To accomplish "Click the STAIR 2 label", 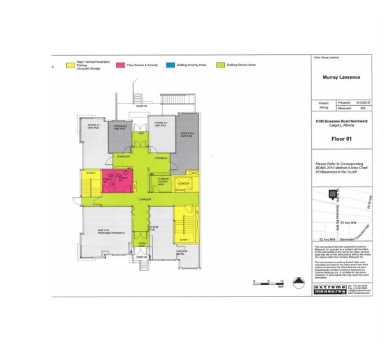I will pos(90,172).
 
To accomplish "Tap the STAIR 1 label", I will pos(184,239).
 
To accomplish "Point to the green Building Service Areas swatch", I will pos(220,64).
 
